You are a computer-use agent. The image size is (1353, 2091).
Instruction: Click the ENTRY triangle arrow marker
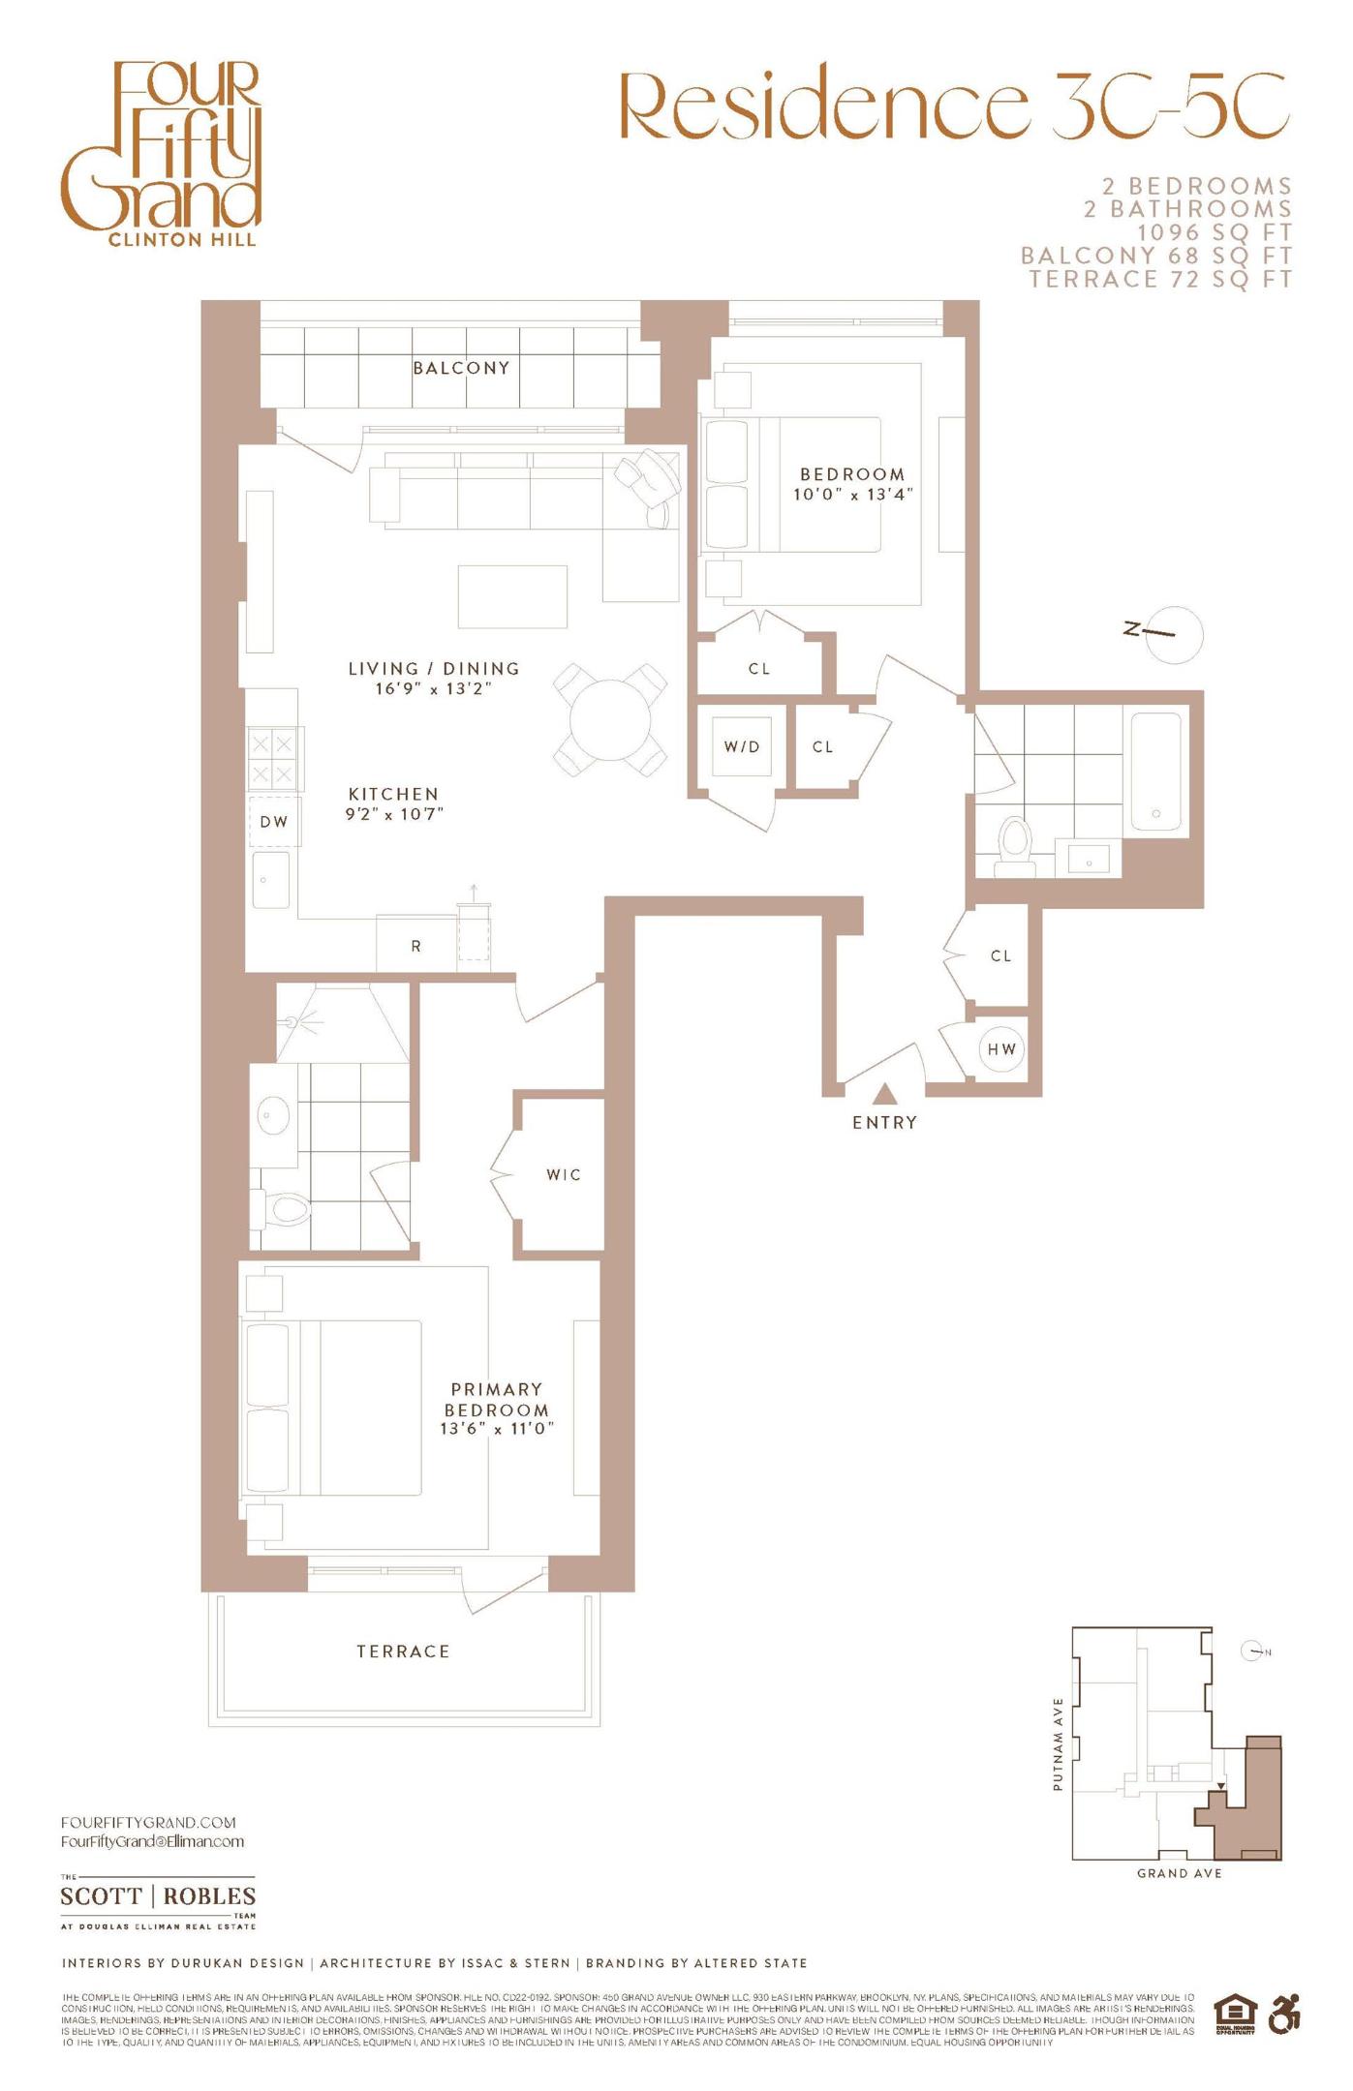[883, 1094]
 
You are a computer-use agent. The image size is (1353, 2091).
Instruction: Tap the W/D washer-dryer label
[742, 746]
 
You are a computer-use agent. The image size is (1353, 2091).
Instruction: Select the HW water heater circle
[1001, 1048]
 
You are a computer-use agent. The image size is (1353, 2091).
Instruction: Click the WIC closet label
[564, 1174]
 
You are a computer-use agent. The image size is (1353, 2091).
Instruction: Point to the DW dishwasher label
[274, 822]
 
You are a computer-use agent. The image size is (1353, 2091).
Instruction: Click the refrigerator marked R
[416, 946]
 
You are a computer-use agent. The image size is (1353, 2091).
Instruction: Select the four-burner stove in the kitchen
[272, 759]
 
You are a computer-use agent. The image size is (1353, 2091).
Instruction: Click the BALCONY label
[461, 368]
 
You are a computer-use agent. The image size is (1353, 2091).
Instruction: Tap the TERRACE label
[403, 1652]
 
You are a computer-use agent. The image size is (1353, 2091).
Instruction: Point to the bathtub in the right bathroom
[1156, 772]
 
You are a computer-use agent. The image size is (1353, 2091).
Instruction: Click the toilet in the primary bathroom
[286, 1208]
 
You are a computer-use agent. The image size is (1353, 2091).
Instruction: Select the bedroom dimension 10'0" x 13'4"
[852, 494]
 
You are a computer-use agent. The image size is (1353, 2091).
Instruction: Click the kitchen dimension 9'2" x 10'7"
[394, 814]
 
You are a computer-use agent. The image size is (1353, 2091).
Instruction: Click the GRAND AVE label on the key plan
[1179, 1873]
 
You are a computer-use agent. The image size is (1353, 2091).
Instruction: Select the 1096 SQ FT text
[1215, 232]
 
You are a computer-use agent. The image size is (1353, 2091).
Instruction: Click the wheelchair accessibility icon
[1284, 2015]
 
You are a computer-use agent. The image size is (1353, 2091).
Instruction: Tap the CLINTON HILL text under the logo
[183, 239]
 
